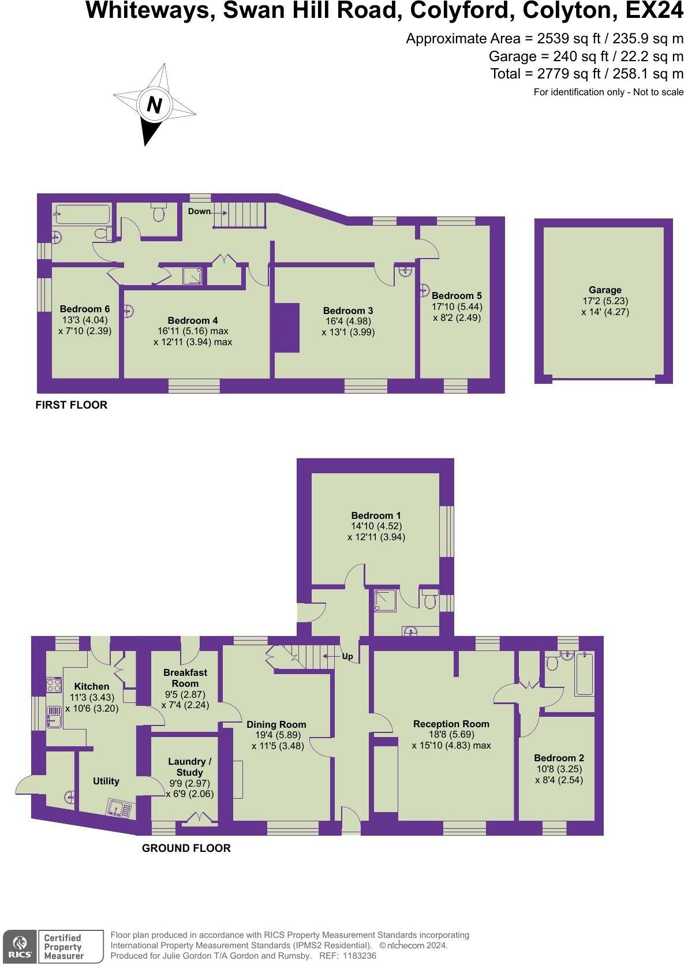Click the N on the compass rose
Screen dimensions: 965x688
click(154, 105)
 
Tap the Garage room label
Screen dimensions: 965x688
click(605, 290)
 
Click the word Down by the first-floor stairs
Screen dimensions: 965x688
click(199, 211)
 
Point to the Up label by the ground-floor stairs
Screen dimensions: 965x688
click(347, 657)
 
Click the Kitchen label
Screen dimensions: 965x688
click(92, 686)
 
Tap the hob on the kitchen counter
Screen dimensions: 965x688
click(54, 686)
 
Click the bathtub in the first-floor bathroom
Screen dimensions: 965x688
click(81, 215)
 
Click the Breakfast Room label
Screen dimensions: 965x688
click(185, 678)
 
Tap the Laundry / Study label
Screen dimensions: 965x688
click(189, 767)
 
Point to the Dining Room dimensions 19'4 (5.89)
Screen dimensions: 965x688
click(276, 735)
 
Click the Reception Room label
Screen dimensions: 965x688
click(451, 724)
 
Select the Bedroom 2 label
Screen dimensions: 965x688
click(559, 758)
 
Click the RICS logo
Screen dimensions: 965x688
click(20, 946)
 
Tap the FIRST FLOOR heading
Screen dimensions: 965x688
click(72, 405)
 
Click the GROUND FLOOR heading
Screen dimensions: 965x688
click(186, 848)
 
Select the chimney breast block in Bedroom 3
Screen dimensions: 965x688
click(286, 327)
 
